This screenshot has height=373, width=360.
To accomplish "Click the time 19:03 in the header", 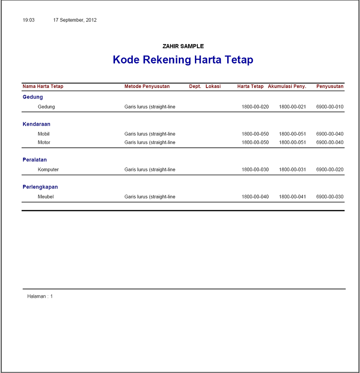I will (x=28, y=20).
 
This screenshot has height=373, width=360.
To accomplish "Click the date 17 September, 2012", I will (x=75, y=20).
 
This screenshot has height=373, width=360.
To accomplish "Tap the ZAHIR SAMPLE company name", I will (x=183, y=46).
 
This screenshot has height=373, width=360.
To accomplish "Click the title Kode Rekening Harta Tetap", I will (x=183, y=60).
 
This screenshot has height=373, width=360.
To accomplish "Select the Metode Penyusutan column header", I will (x=147, y=86).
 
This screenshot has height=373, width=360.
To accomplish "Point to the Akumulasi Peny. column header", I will (x=287, y=86).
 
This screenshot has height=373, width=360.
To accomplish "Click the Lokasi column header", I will (x=213, y=86).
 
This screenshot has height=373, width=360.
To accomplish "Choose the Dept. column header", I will (x=195, y=86).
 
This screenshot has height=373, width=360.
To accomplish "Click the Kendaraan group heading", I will (x=36, y=124).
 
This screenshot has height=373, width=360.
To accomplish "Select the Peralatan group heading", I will (x=35, y=159).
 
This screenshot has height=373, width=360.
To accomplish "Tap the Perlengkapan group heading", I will (x=40, y=187).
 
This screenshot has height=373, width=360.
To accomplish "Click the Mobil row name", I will (x=44, y=134).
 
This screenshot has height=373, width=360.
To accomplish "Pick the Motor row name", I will (x=44, y=142).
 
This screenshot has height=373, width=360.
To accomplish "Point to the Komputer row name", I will (x=48, y=170).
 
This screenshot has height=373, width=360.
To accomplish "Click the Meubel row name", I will (x=46, y=197).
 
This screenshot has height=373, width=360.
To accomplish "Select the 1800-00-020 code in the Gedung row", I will (x=255, y=107).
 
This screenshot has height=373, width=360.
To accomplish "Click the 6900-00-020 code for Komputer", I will (x=330, y=170).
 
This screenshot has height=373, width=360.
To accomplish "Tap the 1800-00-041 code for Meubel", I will (x=292, y=197).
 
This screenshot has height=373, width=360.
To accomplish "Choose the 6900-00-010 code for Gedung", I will (x=330, y=107).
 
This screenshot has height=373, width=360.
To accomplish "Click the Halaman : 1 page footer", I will (x=40, y=296).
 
